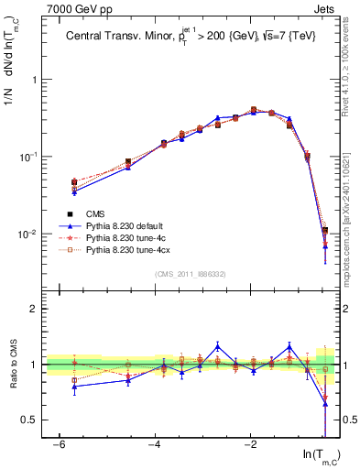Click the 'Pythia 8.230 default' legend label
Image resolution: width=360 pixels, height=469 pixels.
[x=127, y=225]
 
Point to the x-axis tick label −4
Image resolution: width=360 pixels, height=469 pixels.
[x=155, y=444]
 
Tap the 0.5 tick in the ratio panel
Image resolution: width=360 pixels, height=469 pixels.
[x=34, y=420]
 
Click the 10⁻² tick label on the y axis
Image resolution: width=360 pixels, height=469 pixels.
[x=31, y=234]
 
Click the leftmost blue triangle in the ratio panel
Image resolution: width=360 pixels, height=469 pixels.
[x=75, y=386]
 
